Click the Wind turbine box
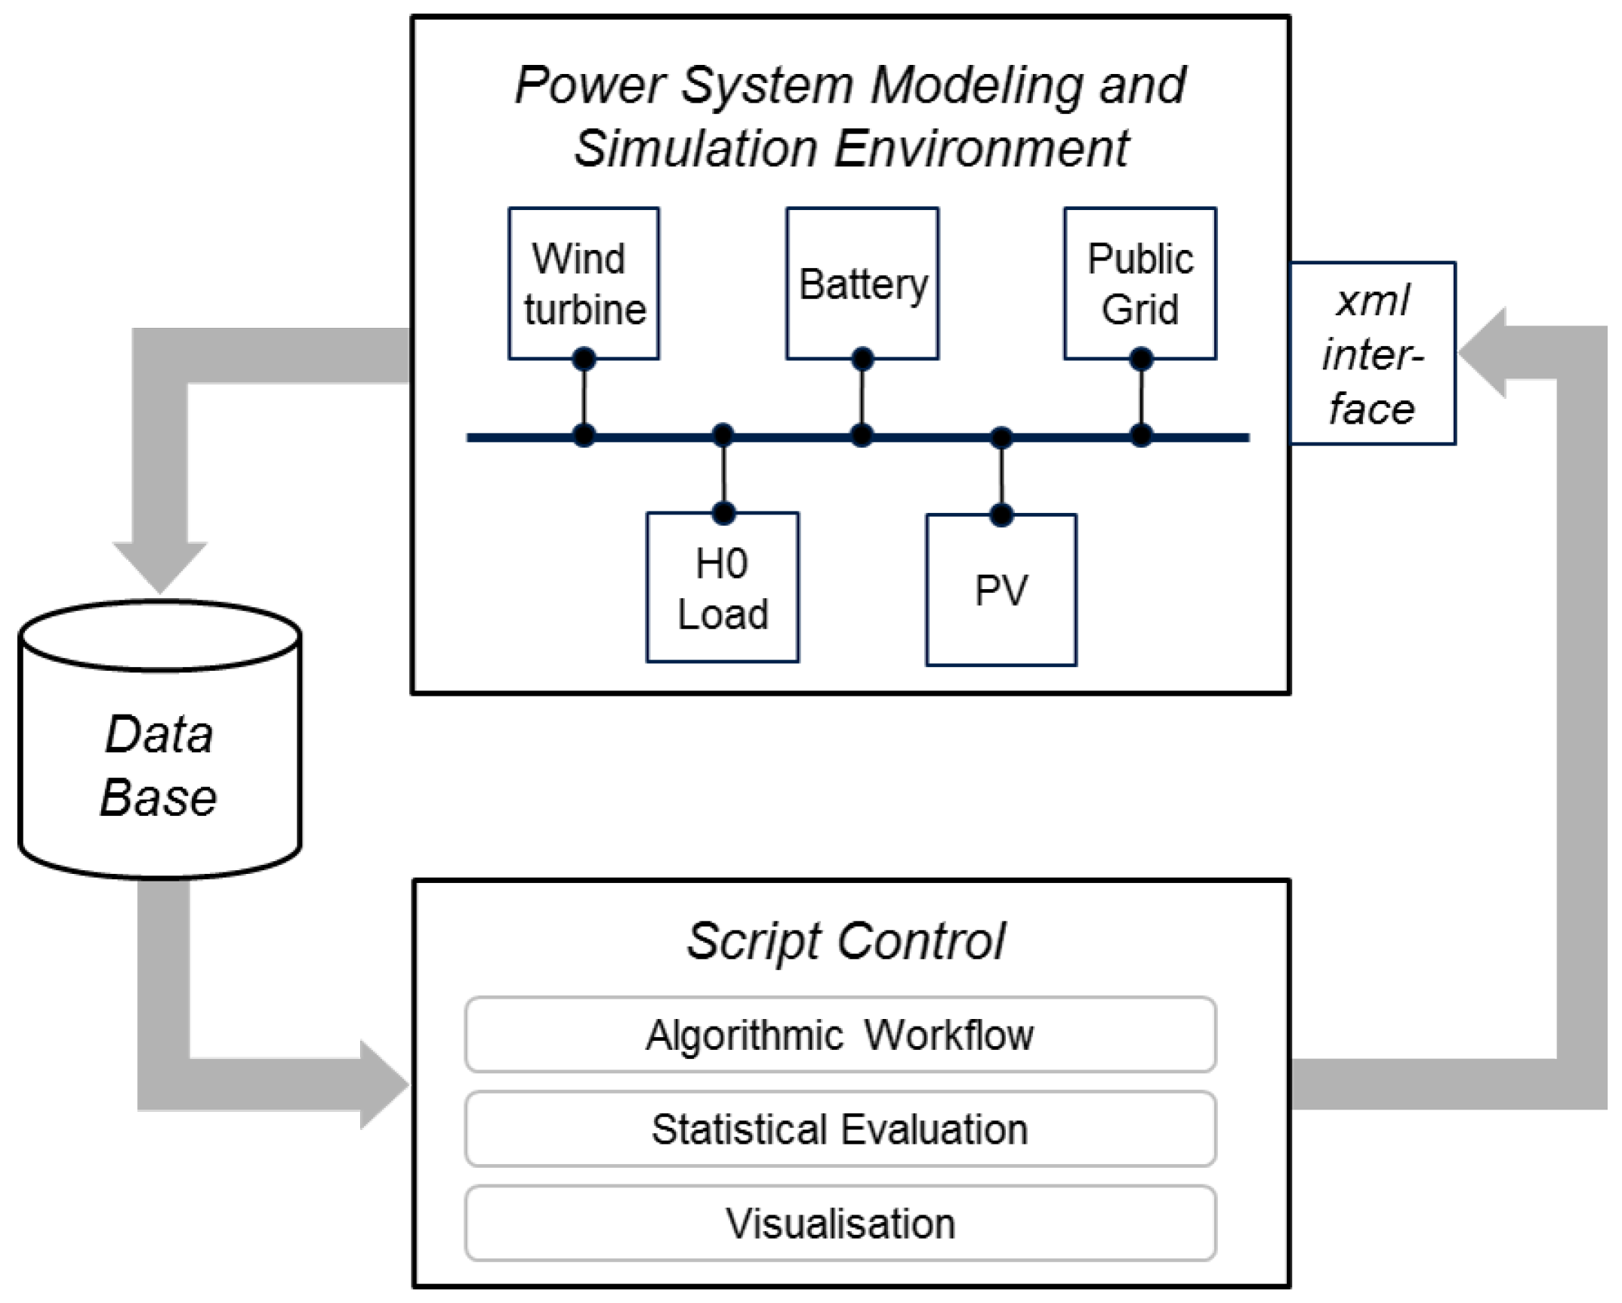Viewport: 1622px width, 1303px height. (584, 283)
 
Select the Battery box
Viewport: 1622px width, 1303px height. (862, 283)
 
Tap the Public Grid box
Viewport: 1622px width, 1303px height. (1140, 283)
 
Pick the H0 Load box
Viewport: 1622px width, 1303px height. (723, 588)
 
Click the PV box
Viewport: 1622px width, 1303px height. (1001, 590)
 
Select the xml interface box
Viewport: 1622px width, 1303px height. (1373, 354)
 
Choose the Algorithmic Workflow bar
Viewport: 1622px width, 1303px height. (840, 1035)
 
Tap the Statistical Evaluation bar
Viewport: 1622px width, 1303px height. (840, 1129)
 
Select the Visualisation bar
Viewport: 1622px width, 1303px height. (840, 1224)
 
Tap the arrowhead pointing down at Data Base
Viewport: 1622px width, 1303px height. (159, 567)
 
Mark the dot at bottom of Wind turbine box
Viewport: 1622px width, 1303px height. (584, 359)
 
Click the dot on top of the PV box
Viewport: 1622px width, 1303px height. (1001, 515)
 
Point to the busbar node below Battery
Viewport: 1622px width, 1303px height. (862, 436)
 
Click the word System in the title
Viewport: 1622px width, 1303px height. (766, 85)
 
